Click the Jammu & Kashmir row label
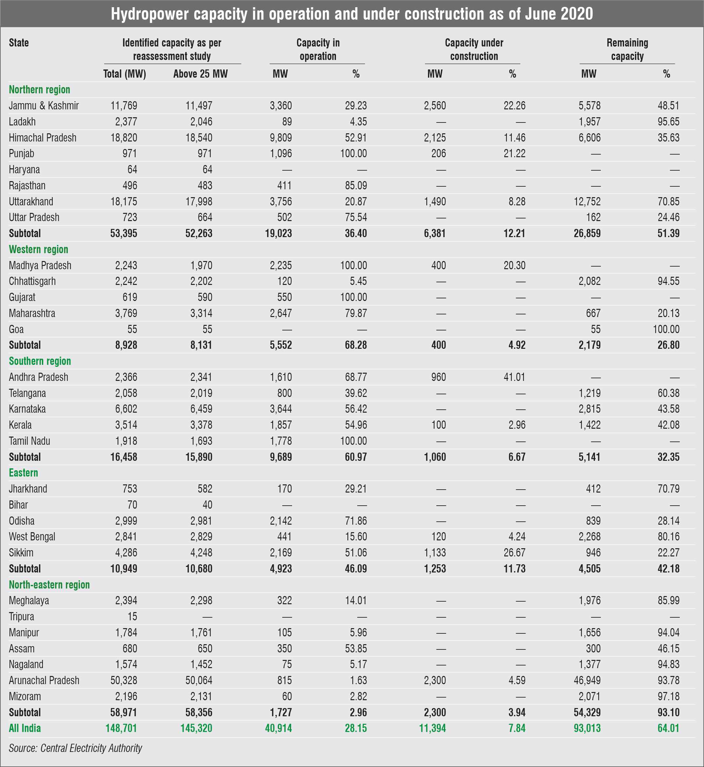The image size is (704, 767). pyautogui.click(x=44, y=105)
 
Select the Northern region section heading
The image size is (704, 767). pyautogui.click(x=40, y=89)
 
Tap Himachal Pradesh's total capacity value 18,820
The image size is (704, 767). pyautogui.click(x=124, y=138)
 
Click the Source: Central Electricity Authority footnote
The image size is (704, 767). pyautogui.click(x=75, y=748)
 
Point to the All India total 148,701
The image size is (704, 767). pyautogui.click(x=121, y=728)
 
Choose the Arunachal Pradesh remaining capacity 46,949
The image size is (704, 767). pyautogui.click(x=587, y=680)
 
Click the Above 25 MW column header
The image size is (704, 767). pyautogui.click(x=200, y=74)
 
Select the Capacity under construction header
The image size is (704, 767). pyautogui.click(x=474, y=49)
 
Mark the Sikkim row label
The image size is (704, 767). pyautogui.click(x=21, y=552)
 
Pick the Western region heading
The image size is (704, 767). pyautogui.click(x=39, y=249)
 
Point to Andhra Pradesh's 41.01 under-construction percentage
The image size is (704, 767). pyautogui.click(x=514, y=377)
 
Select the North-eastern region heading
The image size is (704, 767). pyautogui.click(x=49, y=585)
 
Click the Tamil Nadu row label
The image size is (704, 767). pyautogui.click(x=30, y=441)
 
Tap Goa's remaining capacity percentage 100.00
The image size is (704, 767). pyautogui.click(x=666, y=329)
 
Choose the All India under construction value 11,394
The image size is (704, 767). pyautogui.click(x=432, y=728)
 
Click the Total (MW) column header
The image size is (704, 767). pyautogui.click(x=124, y=74)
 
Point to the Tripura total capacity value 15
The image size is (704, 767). pyautogui.click(x=132, y=616)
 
